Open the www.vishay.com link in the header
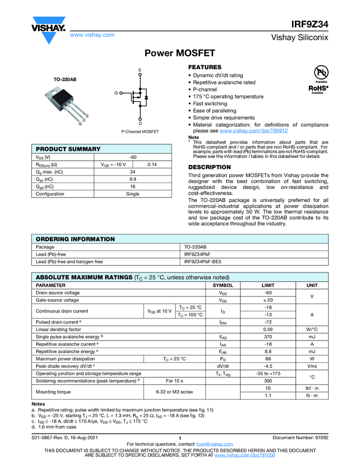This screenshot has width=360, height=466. [93, 35]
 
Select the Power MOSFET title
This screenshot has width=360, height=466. [180, 53]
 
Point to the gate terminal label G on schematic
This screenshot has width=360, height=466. [116, 93]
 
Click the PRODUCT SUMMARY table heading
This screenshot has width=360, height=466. [68, 149]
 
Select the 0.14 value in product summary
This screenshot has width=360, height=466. [152, 164]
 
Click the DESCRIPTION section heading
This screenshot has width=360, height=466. [209, 167]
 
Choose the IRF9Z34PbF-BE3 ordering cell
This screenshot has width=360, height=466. [203, 262]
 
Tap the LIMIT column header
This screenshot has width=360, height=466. [268, 285]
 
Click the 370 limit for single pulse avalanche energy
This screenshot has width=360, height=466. [268, 336]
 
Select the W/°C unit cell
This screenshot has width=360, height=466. [312, 329]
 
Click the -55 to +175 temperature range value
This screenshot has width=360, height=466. [268, 373]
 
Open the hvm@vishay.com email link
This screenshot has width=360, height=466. [211, 444]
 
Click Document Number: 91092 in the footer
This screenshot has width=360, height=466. [300, 437]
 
